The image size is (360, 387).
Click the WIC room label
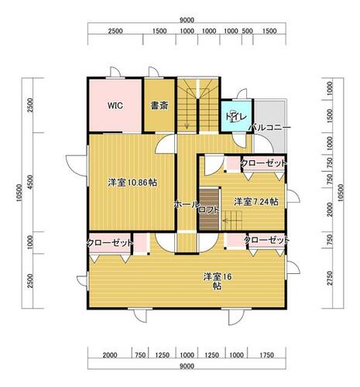point(115,105)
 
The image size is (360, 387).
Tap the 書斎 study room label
point(159,105)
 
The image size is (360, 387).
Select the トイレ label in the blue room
point(236,117)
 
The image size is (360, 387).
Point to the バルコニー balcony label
point(269,128)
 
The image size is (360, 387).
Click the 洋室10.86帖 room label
point(132,183)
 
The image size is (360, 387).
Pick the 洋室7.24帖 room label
point(256,202)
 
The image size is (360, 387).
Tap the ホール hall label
point(187,205)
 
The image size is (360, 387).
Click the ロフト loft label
point(208,211)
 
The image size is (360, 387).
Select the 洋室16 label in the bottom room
point(218,277)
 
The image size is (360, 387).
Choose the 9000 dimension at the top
point(187,20)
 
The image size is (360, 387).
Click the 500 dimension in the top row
point(247,31)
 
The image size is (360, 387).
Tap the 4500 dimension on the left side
point(30,182)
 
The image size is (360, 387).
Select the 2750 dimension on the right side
point(330,279)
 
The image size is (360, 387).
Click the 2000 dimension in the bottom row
point(110,355)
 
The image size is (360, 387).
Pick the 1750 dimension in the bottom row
point(267,355)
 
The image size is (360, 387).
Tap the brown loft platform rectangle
point(209,209)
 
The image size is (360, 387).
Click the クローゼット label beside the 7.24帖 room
point(263,163)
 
